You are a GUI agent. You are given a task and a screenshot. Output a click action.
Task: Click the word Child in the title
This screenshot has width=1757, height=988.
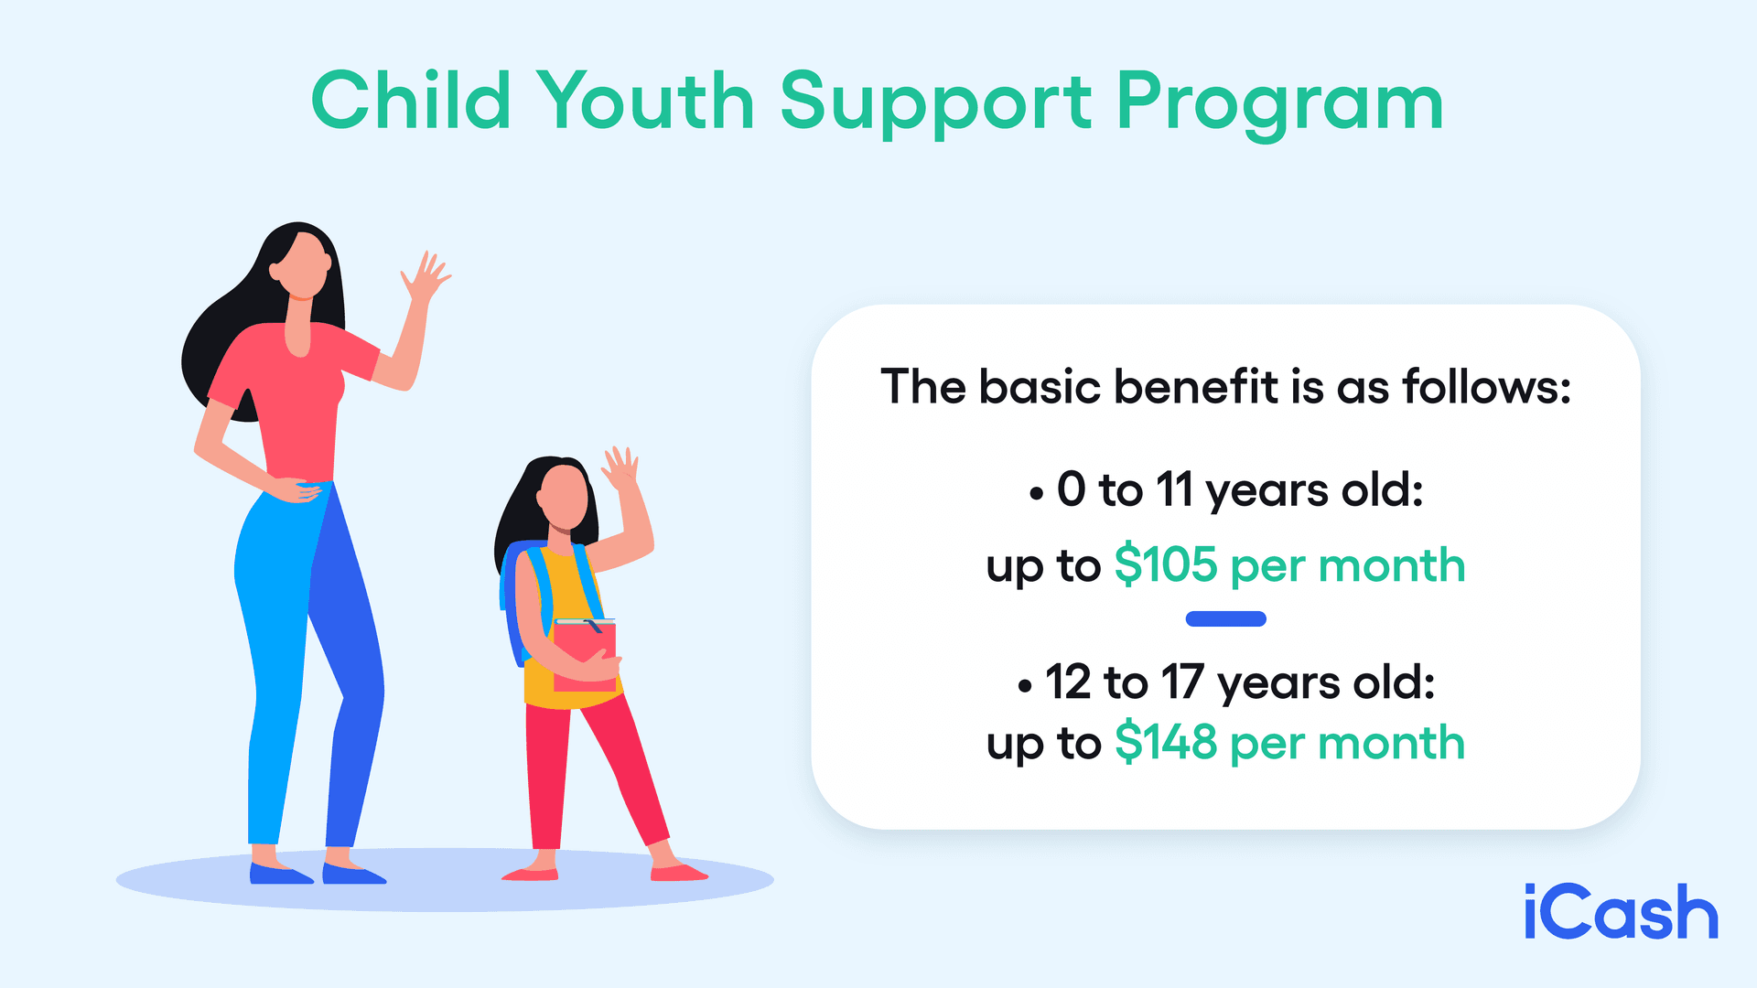click(x=411, y=101)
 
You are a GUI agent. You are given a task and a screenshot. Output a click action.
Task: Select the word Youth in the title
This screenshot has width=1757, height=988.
click(x=645, y=101)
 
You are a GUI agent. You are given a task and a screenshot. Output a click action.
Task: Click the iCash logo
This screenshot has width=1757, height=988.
click(x=1621, y=912)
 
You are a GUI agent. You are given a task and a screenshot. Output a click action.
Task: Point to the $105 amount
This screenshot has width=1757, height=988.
click(x=1166, y=564)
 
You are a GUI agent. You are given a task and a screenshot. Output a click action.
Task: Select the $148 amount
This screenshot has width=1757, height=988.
click(x=1166, y=742)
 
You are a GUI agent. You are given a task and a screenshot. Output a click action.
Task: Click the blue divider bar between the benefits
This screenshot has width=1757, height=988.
click(x=1225, y=619)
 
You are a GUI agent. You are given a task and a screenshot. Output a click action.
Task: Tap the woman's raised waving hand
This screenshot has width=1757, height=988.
click(x=426, y=276)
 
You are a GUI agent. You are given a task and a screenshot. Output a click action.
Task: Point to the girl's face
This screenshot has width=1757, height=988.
click(x=564, y=495)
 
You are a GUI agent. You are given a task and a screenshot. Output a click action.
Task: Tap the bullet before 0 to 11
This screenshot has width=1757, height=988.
click(x=1036, y=495)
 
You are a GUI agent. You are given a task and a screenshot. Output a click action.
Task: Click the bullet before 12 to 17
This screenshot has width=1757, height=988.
click(x=1024, y=686)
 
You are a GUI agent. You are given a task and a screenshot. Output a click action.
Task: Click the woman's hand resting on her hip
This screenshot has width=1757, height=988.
click(x=297, y=491)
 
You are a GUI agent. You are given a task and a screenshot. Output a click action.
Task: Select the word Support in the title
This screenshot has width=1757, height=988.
click(x=935, y=102)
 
